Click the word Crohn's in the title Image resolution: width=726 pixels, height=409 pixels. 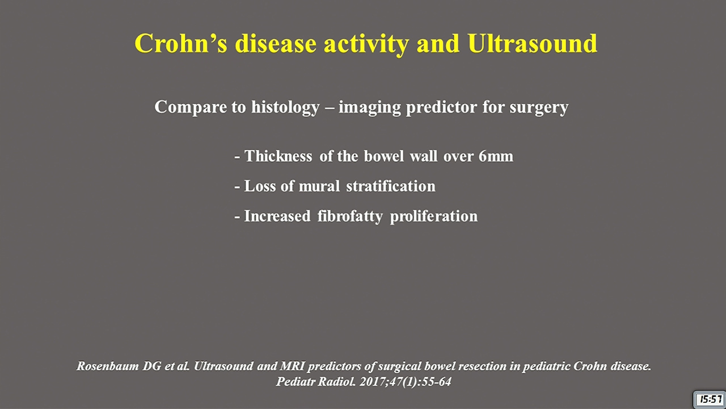(180, 43)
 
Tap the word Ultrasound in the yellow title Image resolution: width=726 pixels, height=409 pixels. (532, 43)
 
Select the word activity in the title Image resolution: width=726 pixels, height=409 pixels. (366, 45)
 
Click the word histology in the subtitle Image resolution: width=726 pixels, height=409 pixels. (285, 107)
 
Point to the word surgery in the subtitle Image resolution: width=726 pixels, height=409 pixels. (539, 108)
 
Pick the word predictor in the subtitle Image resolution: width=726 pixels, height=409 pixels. (441, 107)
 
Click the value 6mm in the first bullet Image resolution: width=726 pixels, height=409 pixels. (496, 156)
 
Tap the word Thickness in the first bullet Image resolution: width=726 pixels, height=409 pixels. (278, 156)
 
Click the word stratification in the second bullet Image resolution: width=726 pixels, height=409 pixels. (391, 186)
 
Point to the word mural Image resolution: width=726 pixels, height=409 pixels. (319, 186)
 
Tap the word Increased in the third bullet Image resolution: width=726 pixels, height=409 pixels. (277, 216)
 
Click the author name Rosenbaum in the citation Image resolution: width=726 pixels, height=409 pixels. (108, 366)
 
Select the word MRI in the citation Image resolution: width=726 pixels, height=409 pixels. (292, 366)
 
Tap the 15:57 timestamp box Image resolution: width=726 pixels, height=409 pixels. (710, 399)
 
